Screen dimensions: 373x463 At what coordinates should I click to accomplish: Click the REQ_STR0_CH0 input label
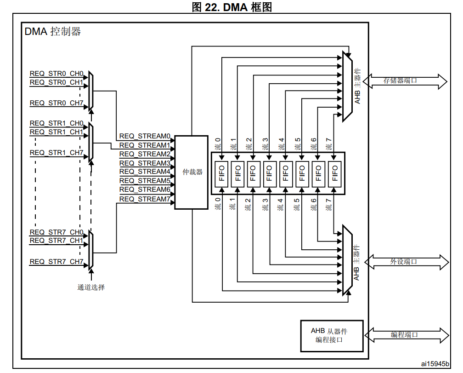[56, 74]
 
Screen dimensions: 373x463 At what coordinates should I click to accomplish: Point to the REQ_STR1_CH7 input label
[56, 153]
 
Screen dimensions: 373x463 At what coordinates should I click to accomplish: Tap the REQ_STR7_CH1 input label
[56, 241]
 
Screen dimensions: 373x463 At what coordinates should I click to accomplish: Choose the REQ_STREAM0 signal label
[145, 136]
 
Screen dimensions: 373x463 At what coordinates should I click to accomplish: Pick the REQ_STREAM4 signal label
[145, 172]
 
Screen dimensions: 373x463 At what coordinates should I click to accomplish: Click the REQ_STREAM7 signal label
[145, 199]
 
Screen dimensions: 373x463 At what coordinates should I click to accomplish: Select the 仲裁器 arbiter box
[191, 172]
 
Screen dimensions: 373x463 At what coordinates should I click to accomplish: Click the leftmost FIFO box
[222, 174]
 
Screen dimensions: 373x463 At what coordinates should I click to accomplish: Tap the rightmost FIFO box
[334, 174]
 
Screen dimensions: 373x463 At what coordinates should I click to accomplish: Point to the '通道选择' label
[91, 287]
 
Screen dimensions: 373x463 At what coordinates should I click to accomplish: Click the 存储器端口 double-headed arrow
[405, 81]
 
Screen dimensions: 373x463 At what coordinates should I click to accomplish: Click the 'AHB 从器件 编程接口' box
[331, 335]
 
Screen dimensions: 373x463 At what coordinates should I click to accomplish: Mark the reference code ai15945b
[435, 364]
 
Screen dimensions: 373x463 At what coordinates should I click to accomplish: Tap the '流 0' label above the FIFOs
[218, 143]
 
